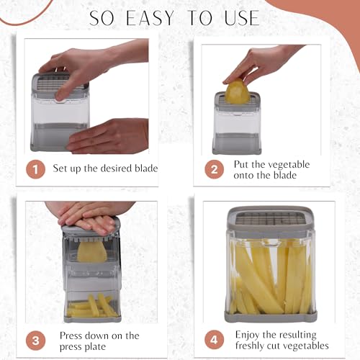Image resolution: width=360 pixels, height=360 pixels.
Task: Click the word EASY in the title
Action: [156, 17]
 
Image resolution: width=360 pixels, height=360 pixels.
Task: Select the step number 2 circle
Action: [212, 169]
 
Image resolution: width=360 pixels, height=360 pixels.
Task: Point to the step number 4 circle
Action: [213, 340]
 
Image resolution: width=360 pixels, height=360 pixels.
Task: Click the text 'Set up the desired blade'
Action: [105, 169]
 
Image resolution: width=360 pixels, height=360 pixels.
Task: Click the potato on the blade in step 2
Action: [238, 93]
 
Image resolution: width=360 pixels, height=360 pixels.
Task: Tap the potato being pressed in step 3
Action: [91, 251]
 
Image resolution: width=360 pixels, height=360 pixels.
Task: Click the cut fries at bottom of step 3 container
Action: [92, 306]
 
